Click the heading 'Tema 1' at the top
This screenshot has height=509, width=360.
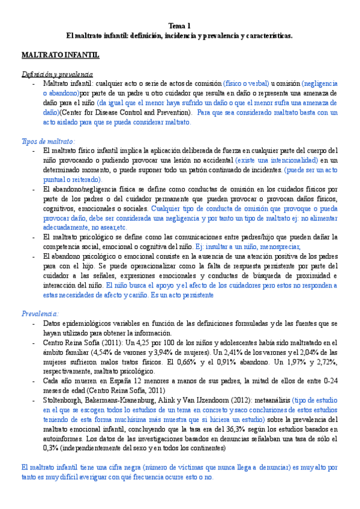179,26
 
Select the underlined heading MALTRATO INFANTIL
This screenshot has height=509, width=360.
60,55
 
